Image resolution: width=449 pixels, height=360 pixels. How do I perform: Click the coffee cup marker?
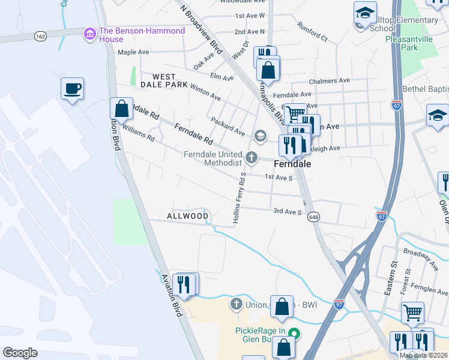72,89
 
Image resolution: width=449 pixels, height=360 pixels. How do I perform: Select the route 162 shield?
40,36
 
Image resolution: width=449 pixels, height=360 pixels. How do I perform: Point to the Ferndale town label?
292,163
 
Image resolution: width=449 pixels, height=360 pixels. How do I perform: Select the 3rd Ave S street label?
287,211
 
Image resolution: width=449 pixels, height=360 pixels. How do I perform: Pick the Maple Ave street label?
133,52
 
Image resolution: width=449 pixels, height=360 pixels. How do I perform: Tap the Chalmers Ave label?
329,80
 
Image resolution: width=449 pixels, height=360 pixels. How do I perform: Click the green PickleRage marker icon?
294,332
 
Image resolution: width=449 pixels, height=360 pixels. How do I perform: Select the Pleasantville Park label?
409,43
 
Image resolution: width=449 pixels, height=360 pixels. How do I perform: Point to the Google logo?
20,353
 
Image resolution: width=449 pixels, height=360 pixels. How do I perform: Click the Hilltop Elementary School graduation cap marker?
364,13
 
